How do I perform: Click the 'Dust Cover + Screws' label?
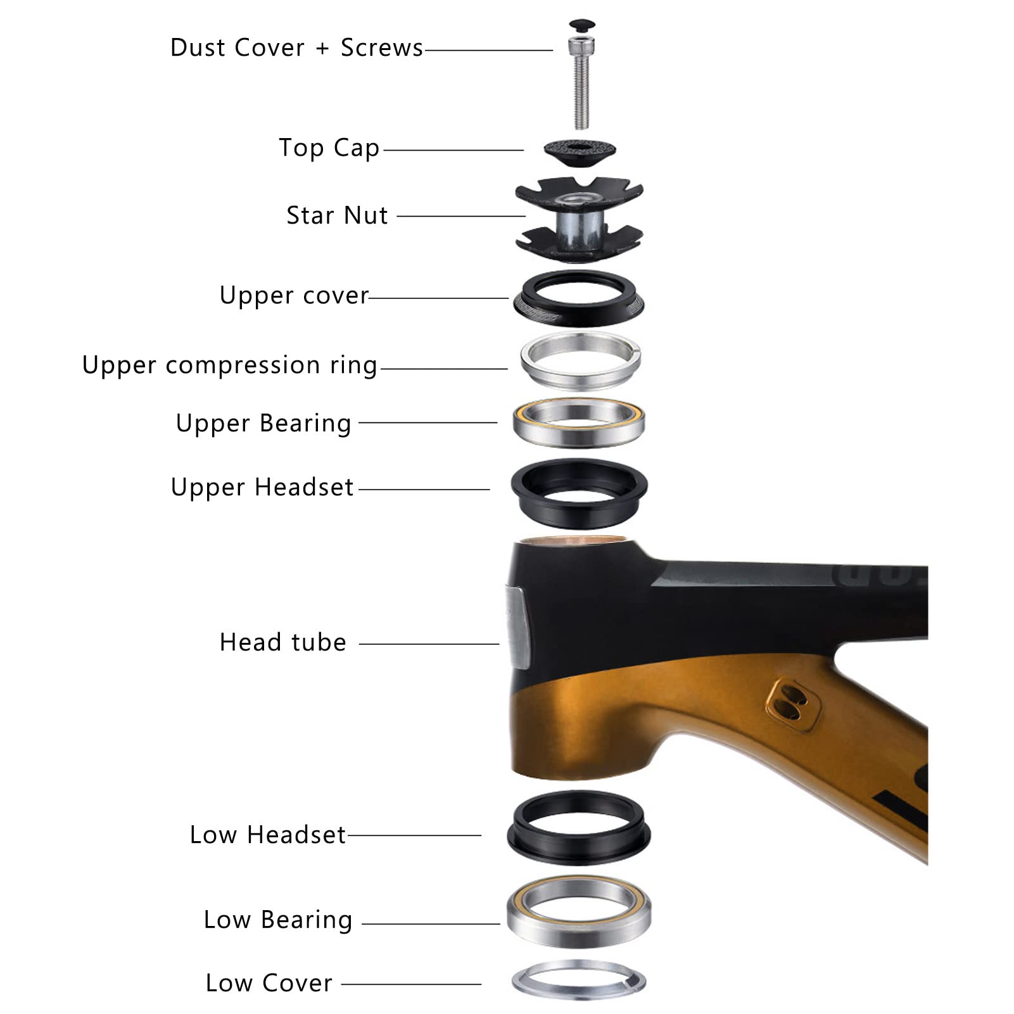[x=296, y=48]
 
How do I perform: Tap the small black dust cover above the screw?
[x=581, y=26]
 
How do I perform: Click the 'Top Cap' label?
[x=329, y=148]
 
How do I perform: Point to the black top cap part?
[x=580, y=151]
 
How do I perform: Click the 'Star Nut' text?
[x=337, y=215]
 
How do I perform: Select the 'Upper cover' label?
[x=294, y=296]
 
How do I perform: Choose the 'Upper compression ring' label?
[x=230, y=365]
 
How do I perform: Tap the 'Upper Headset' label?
[x=262, y=487]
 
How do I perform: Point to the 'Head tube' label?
[x=282, y=642]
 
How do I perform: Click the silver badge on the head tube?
[x=517, y=627]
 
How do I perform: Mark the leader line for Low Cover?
[x=411, y=984]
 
